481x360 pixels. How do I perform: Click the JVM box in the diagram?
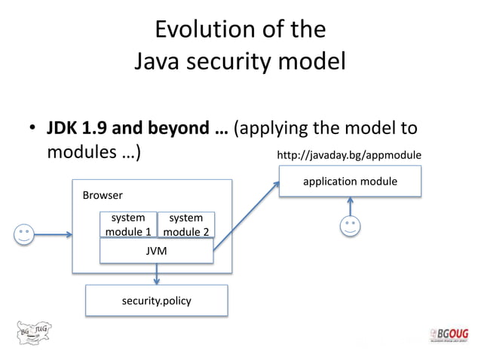tap(156, 251)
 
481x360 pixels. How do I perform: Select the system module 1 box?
tap(128, 224)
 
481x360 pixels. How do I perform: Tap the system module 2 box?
tap(186, 224)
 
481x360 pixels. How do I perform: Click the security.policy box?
tap(156, 301)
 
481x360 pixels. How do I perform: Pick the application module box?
tap(350, 182)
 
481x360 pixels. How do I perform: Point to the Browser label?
tap(103, 195)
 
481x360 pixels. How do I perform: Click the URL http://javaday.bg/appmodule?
tap(349, 155)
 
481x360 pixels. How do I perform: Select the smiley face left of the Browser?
tap(25, 234)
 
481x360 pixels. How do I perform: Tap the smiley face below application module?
tap(350, 226)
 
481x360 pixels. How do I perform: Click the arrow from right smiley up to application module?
tap(350, 206)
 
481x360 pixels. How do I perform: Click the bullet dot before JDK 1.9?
tap(33, 129)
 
